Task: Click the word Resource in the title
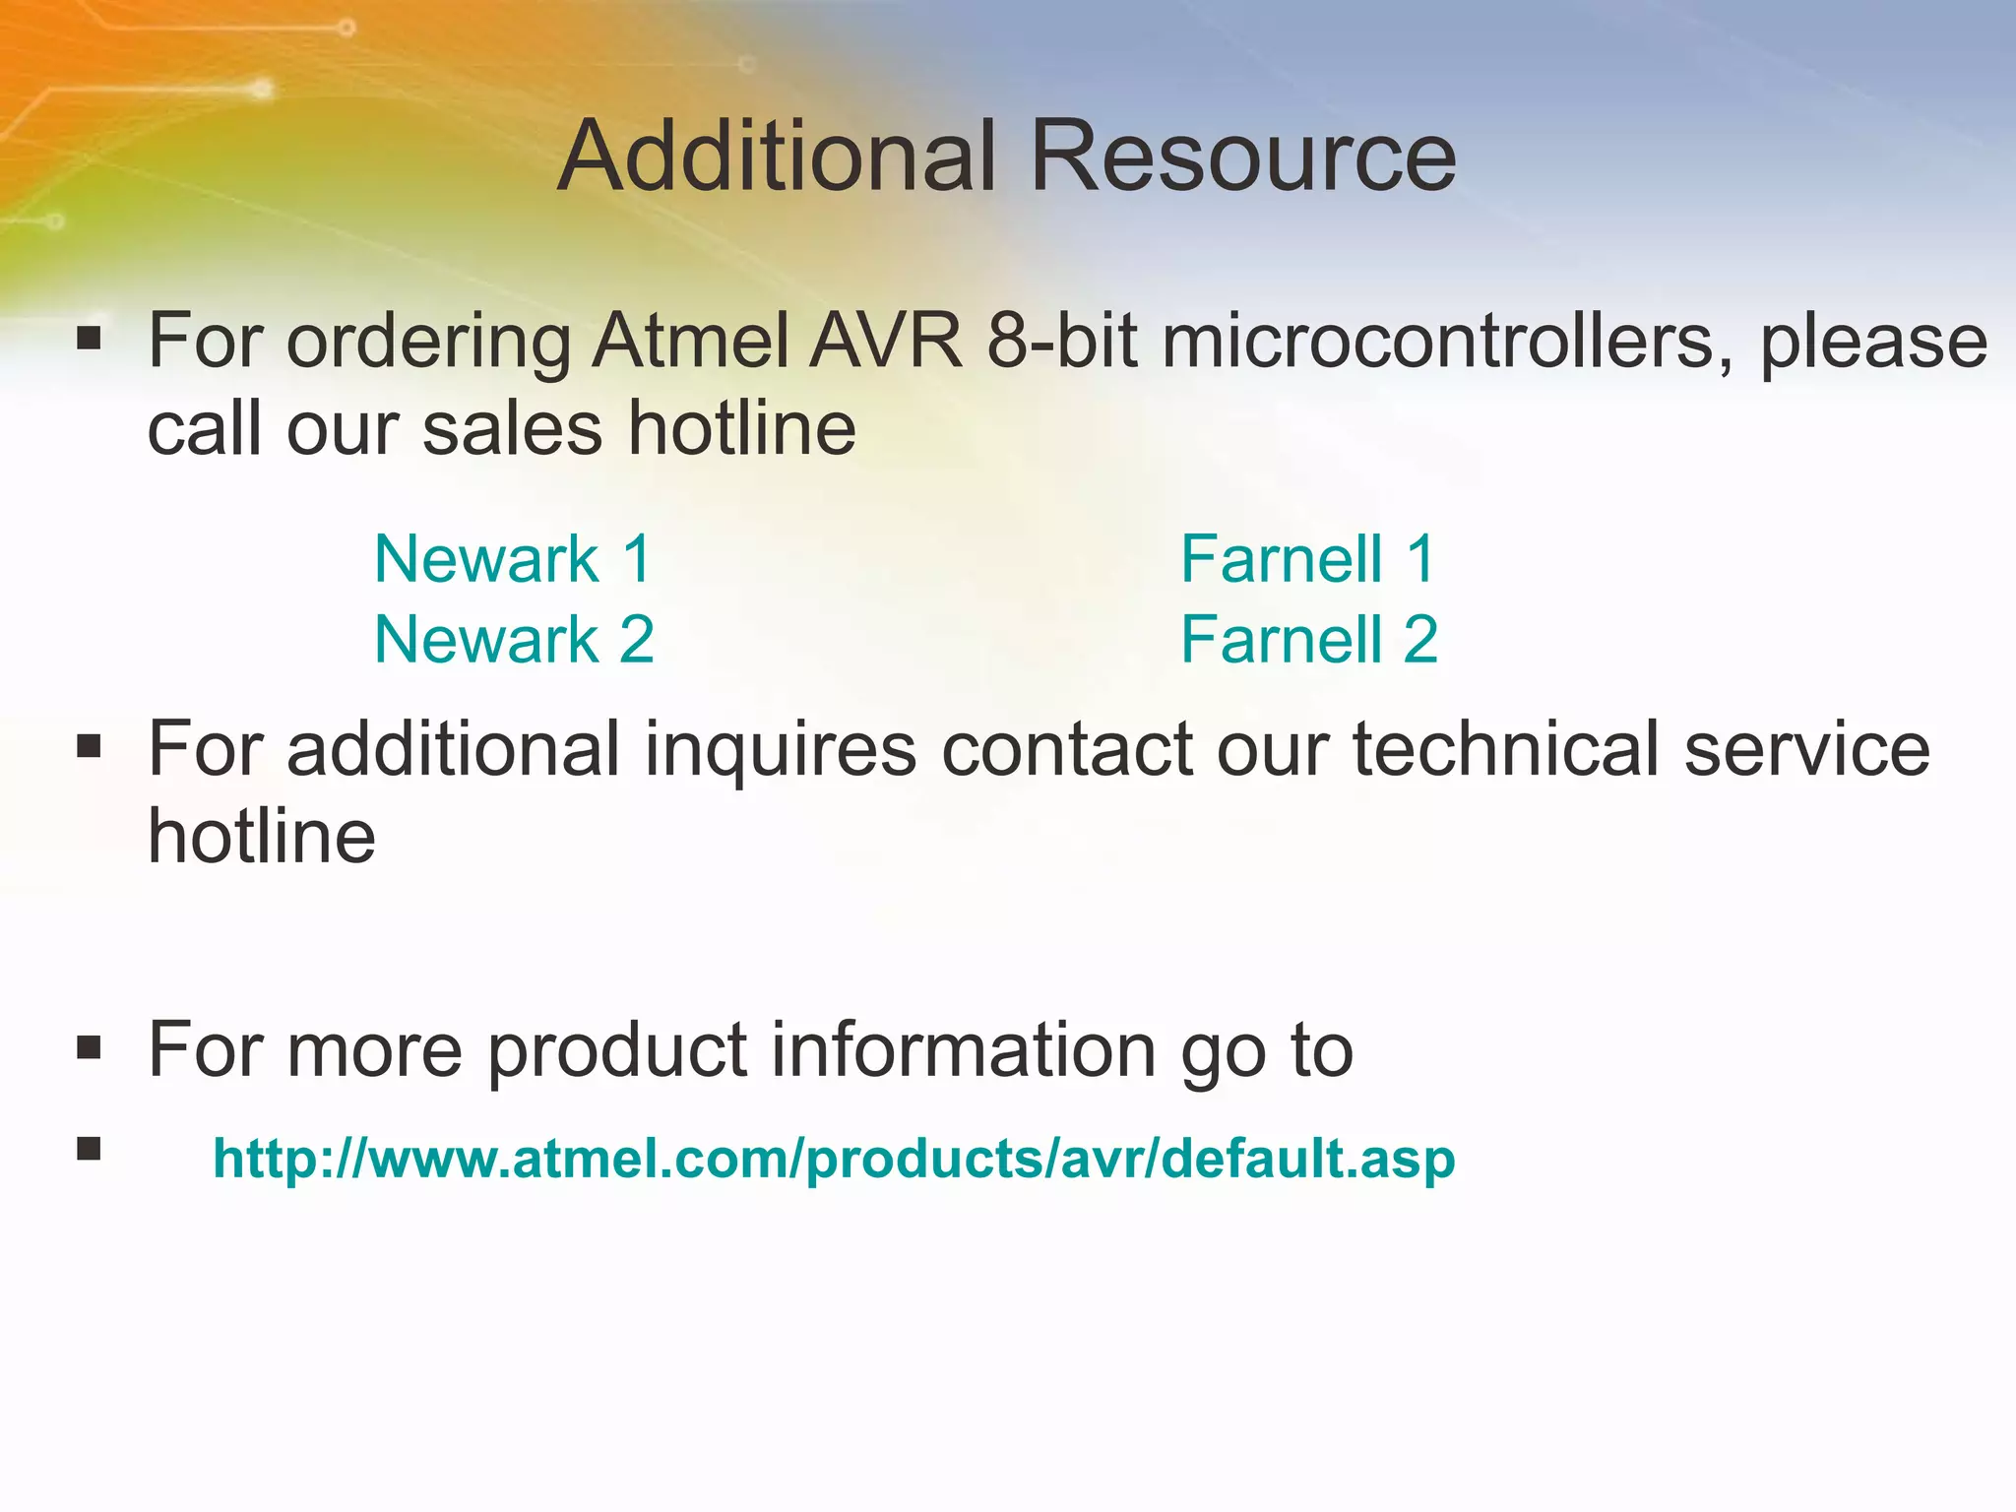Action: (x=1242, y=157)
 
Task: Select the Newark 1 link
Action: (x=513, y=559)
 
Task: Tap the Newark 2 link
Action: (x=514, y=640)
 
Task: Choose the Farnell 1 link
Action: (x=1307, y=559)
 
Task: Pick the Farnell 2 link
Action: (x=1309, y=640)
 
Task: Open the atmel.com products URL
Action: (x=834, y=1159)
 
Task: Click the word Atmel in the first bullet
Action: (x=691, y=342)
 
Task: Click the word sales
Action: (x=511, y=429)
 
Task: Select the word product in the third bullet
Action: (x=617, y=1051)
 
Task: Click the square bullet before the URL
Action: (x=89, y=1149)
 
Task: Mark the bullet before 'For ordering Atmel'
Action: (x=89, y=340)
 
